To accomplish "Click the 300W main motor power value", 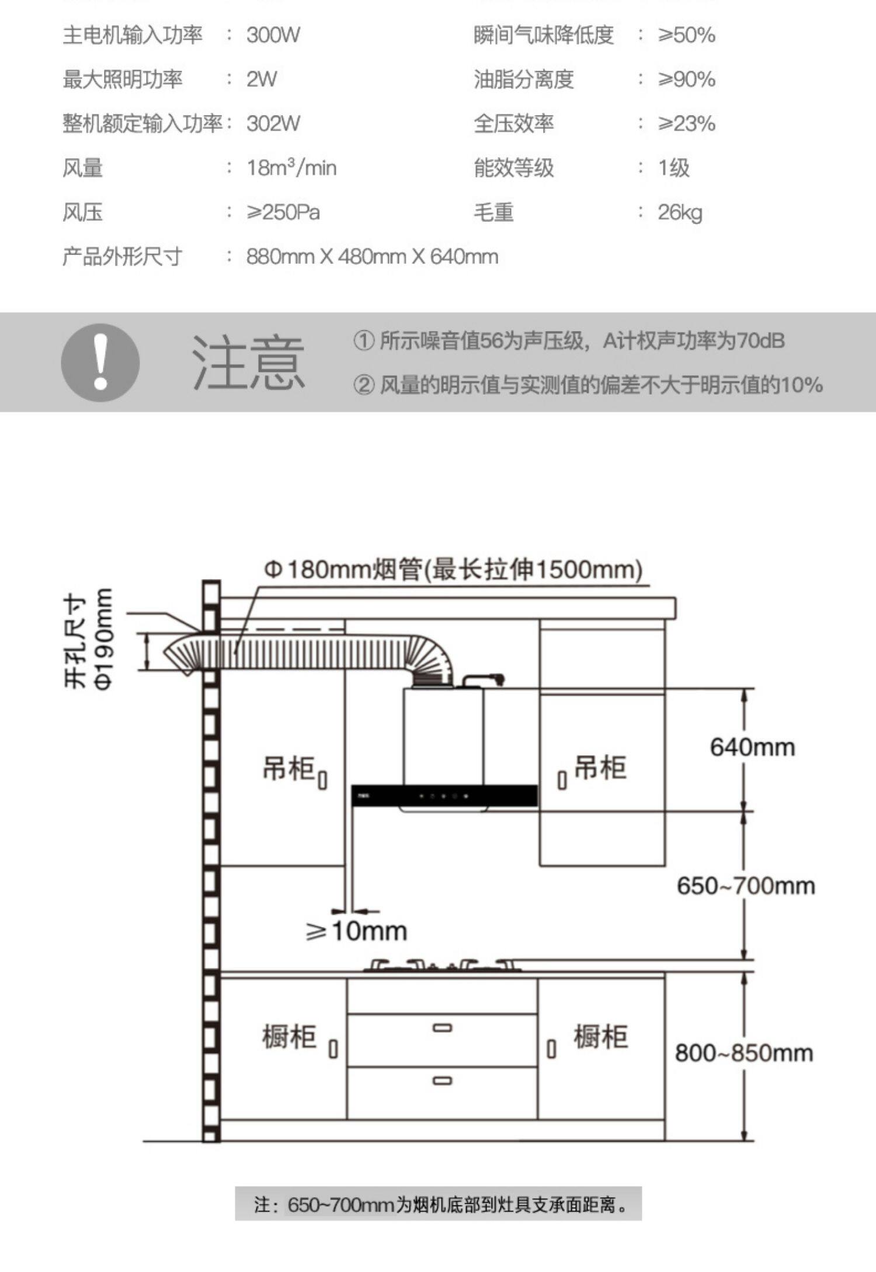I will [273, 35].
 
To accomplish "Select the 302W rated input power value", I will [273, 124].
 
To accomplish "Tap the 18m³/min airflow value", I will [291, 168].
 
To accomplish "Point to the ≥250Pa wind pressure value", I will [283, 212].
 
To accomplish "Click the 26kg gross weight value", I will [679, 212].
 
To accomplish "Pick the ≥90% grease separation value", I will [686, 79].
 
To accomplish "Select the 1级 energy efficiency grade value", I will [673, 168].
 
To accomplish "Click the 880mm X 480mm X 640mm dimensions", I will [372, 257].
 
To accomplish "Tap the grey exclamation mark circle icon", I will [100, 363].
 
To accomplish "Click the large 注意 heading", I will [248, 363].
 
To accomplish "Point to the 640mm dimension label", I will [752, 748].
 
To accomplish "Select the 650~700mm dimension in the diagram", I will [745, 886].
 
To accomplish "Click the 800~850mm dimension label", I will [743, 1053].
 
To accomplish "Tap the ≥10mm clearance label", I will [356, 931].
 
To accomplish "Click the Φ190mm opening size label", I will [103, 639].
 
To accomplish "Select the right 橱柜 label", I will [600, 1037].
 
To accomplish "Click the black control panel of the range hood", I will [444, 796].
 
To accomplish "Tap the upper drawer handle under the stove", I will [442, 1028].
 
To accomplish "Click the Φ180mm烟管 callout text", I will [453, 569].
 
